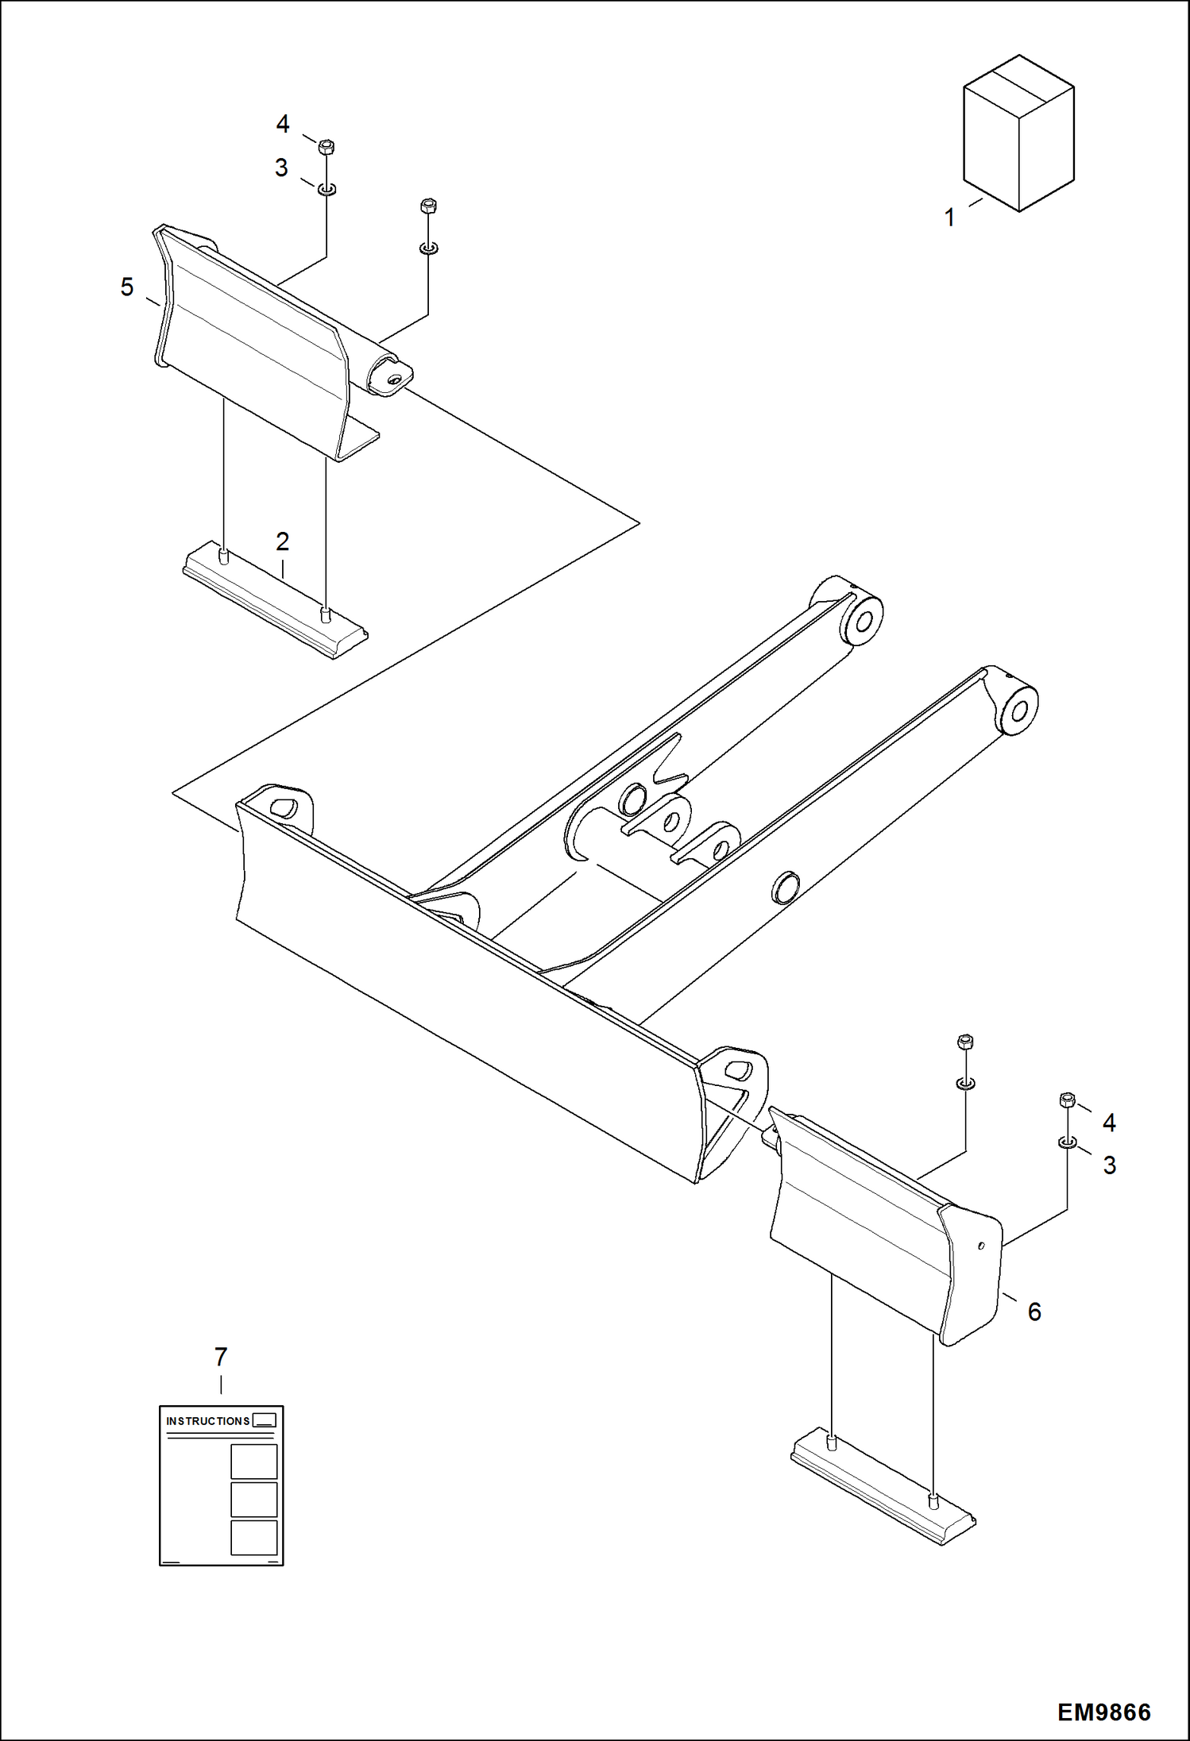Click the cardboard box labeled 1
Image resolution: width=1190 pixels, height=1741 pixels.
pyautogui.click(x=1018, y=135)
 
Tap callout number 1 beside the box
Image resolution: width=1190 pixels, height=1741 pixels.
pyautogui.click(x=949, y=218)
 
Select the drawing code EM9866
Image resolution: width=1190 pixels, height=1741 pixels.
pyautogui.click(x=1103, y=1712)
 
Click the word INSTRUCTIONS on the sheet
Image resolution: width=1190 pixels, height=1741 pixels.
pyautogui.click(x=208, y=1421)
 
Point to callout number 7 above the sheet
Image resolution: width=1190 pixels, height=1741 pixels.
pyautogui.click(x=221, y=1357)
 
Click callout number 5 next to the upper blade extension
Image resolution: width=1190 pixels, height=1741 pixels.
pyautogui.click(x=127, y=287)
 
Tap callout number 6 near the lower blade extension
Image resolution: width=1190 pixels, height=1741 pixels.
pyautogui.click(x=1034, y=1312)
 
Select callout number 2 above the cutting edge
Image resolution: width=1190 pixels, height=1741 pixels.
pyautogui.click(x=282, y=541)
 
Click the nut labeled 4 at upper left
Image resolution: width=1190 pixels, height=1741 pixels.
pyautogui.click(x=326, y=147)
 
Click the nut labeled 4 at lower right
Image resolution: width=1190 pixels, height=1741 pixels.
pyautogui.click(x=1068, y=1100)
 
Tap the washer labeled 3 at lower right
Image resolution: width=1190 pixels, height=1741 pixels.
pyautogui.click(x=1068, y=1142)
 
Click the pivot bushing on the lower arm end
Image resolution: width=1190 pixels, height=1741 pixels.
pyautogui.click(x=1018, y=709)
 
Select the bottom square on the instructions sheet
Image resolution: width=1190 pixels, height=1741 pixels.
pyautogui.click(x=253, y=1538)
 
